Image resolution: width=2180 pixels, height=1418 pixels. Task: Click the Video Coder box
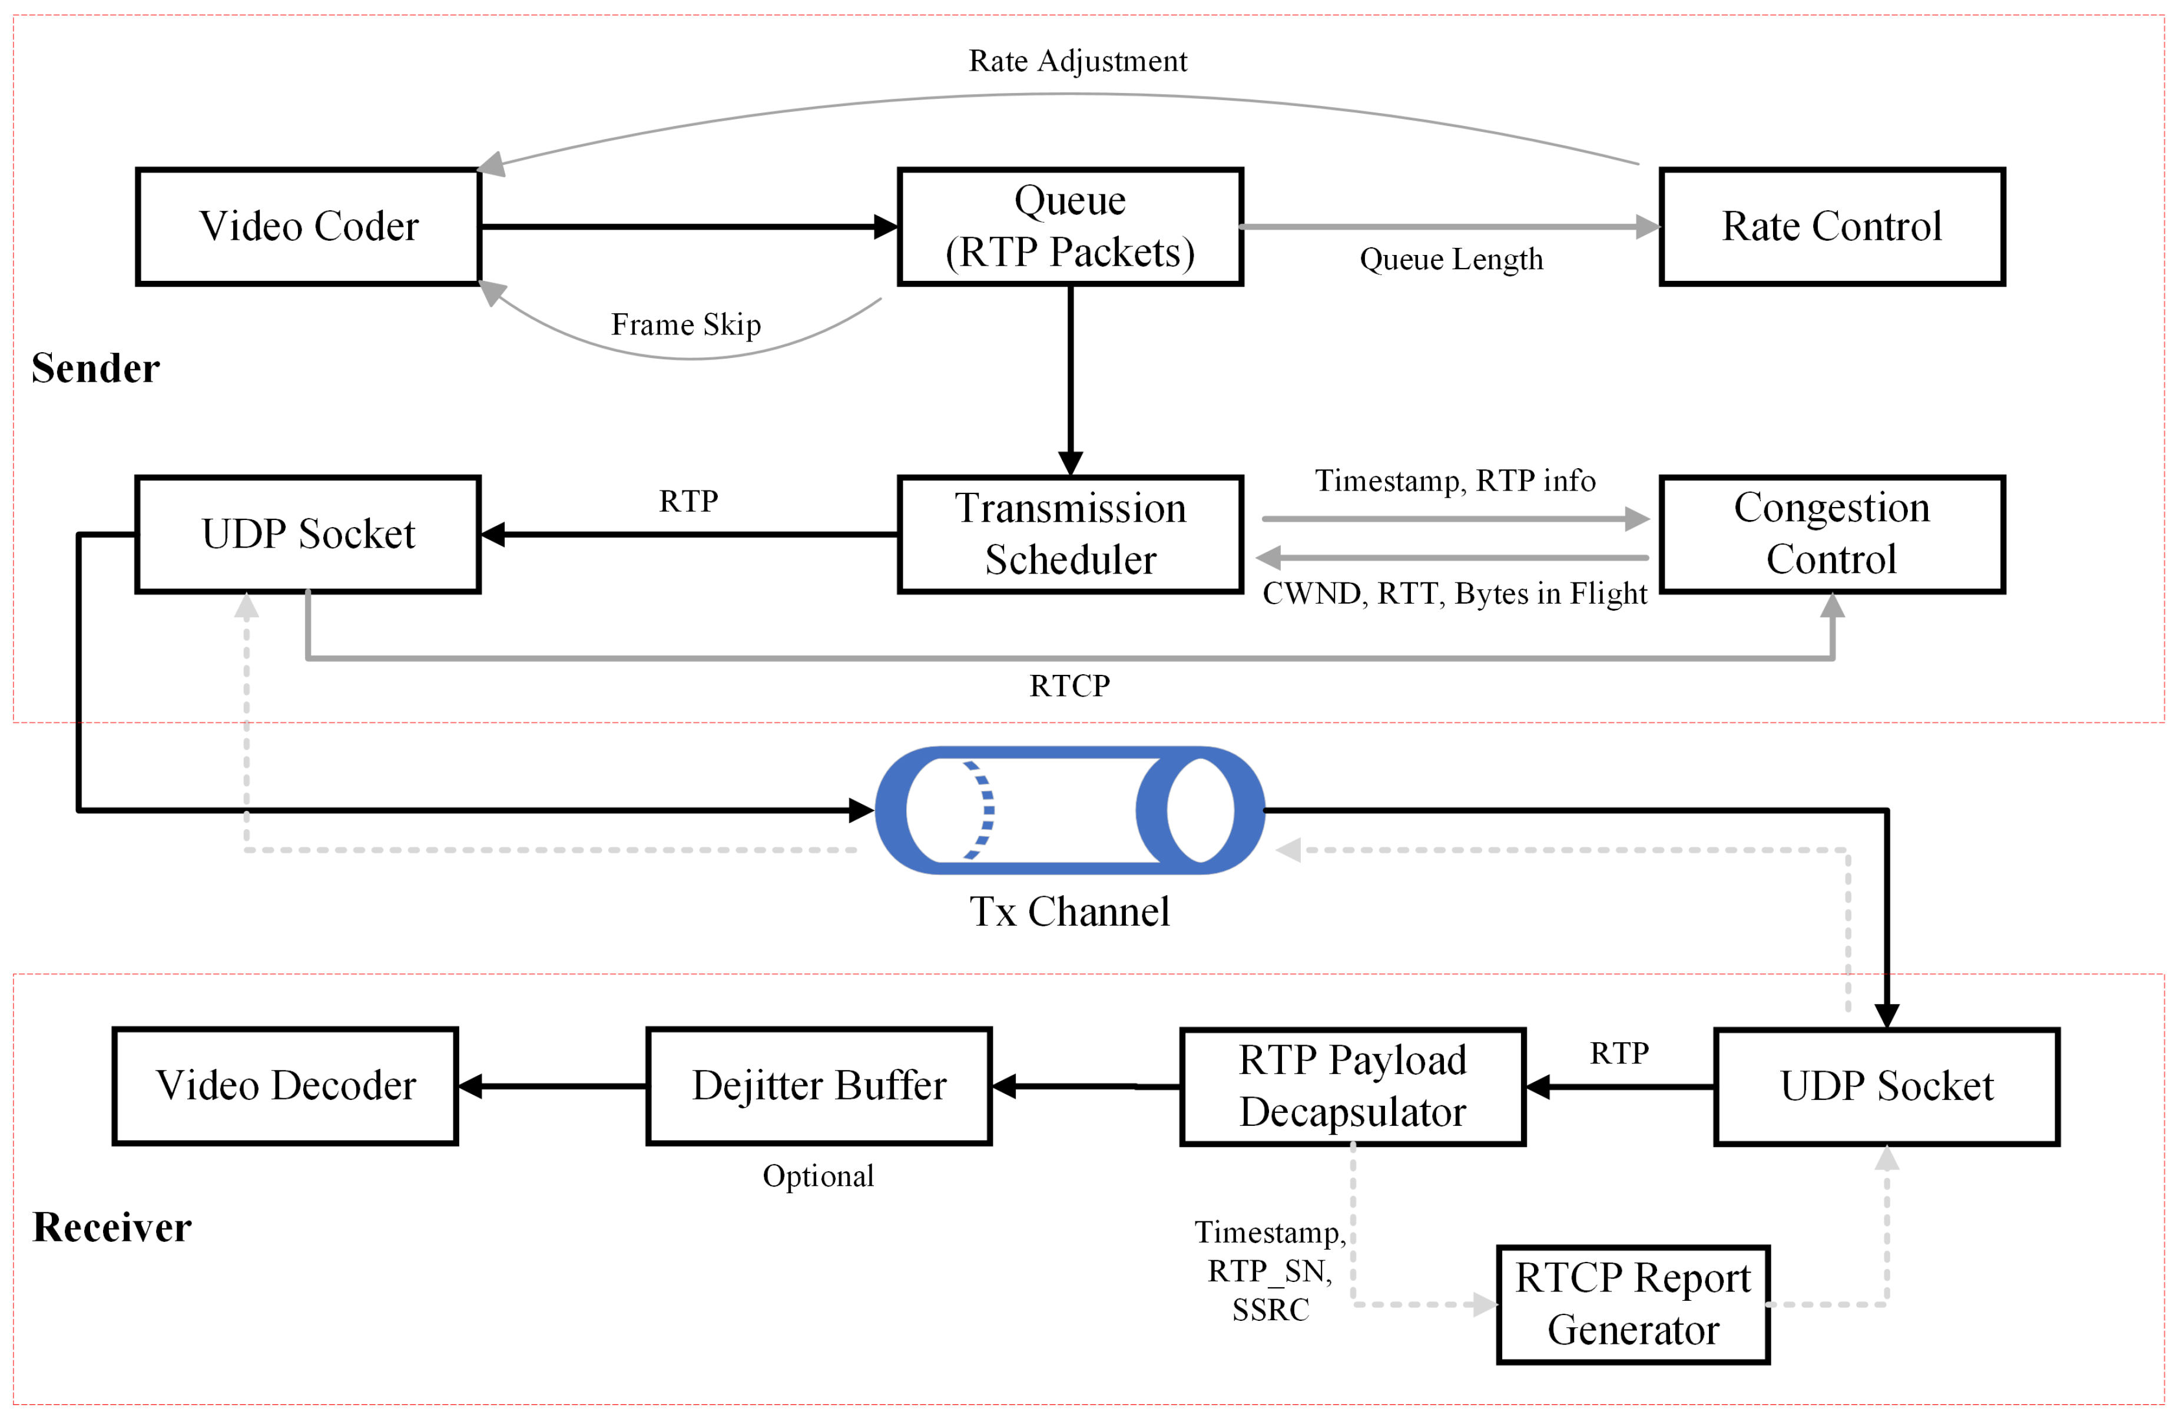(x=309, y=226)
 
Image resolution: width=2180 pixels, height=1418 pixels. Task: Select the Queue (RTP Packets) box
(x=1070, y=226)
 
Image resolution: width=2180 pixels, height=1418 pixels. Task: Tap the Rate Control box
(x=1832, y=226)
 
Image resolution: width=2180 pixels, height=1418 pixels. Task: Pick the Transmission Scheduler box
(x=1070, y=534)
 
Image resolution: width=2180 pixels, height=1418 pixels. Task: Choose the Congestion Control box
(x=1832, y=534)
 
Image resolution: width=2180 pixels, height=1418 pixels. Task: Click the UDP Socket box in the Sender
(x=309, y=534)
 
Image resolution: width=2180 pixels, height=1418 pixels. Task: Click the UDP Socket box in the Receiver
(x=1887, y=1086)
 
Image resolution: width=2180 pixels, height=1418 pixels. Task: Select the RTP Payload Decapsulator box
(x=1353, y=1086)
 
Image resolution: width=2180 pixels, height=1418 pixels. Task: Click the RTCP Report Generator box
(x=1633, y=1304)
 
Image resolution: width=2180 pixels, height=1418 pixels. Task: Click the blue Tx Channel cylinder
(x=1070, y=810)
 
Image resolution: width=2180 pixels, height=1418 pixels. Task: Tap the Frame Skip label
(x=686, y=324)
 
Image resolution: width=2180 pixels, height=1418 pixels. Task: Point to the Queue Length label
(x=1451, y=259)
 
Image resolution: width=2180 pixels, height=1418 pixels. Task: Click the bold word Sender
(x=95, y=368)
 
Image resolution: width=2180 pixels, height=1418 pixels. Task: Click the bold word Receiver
(x=112, y=1227)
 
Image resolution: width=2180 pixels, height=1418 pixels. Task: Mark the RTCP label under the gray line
(x=1070, y=685)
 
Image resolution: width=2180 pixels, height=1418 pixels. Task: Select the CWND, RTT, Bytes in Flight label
(x=1455, y=594)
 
